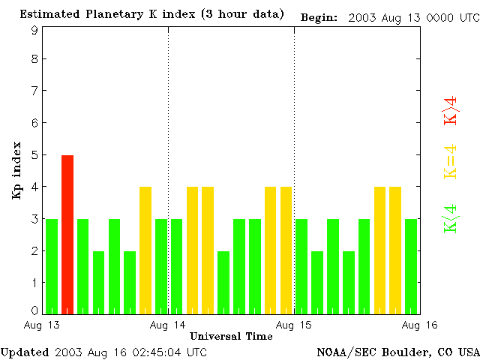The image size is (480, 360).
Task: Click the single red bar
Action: [x=67, y=234]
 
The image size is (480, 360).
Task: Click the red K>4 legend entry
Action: [x=450, y=110]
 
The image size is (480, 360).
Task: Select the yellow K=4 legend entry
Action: [x=450, y=160]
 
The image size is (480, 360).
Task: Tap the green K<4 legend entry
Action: [x=450, y=218]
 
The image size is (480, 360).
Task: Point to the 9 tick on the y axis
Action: [x=34, y=31]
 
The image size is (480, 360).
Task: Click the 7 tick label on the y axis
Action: [x=34, y=91]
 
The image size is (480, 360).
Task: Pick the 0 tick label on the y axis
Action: [x=34, y=310]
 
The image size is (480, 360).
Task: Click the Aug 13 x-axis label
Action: [x=43, y=325]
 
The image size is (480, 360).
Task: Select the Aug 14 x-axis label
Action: [x=168, y=325]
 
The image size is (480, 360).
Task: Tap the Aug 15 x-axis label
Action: [x=294, y=325]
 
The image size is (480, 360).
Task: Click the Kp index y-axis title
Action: [x=16, y=170]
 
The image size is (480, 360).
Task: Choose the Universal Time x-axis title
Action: [x=231, y=336]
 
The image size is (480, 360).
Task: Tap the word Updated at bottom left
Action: [x=25, y=352]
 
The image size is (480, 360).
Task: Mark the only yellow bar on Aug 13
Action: [x=145, y=250]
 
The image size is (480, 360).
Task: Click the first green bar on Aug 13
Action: [x=52, y=265]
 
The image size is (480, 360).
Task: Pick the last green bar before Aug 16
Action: [x=411, y=265]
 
